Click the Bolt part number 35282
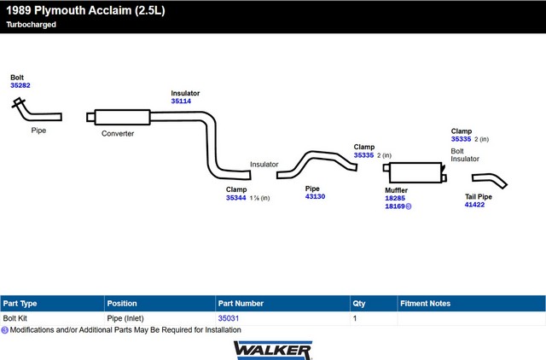20,86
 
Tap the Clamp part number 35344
235,198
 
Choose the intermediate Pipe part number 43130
315,197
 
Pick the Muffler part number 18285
395,198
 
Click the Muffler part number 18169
395,206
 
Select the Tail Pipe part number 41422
474,205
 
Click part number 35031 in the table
229,318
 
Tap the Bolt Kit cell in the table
16,318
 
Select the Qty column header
358,303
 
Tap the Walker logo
272,349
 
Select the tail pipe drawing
490,180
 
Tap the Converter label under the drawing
118,134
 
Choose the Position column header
122,303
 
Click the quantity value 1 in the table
355,318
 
